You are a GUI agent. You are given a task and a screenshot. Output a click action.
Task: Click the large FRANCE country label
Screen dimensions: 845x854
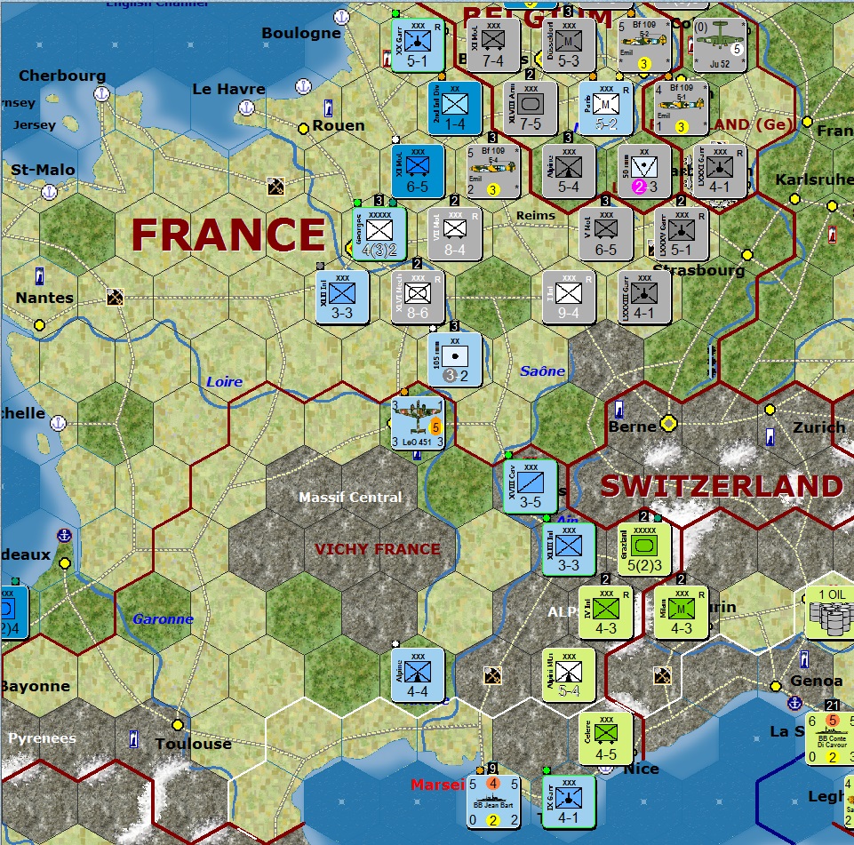228,235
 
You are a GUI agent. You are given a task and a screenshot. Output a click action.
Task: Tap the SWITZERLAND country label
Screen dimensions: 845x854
721,486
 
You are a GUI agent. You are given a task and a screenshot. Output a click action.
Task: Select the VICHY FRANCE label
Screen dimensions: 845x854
378,549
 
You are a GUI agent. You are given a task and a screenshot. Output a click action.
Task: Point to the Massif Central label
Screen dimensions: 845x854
350,497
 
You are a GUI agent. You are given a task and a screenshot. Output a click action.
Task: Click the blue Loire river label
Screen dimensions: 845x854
224,382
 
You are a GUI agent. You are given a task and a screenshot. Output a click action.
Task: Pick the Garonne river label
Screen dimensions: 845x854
163,619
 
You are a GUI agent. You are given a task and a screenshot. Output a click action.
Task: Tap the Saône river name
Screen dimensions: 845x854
542,371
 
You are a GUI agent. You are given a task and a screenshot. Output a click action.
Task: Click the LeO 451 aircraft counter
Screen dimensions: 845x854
419,425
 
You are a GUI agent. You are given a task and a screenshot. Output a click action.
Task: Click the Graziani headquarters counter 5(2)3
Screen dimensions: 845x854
643,548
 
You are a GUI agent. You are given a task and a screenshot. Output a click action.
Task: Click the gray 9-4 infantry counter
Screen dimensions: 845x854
569,296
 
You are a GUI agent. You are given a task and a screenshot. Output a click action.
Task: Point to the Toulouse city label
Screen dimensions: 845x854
193,744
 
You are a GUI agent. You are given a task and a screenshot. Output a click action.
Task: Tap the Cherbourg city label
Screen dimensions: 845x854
62,76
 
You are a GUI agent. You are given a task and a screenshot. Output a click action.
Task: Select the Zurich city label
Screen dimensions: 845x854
819,427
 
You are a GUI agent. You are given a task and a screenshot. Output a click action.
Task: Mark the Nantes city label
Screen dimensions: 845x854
44,298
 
